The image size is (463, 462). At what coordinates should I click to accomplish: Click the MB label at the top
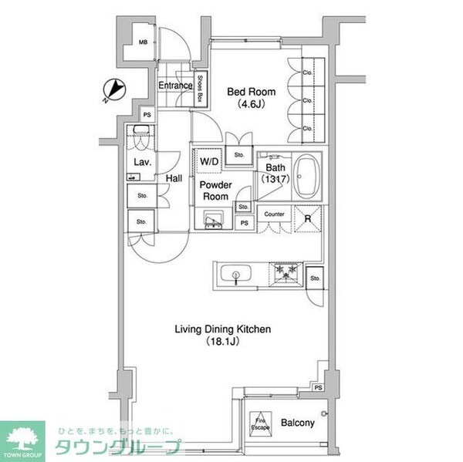[x=143, y=43]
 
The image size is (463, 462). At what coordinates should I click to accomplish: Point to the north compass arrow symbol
[x=113, y=90]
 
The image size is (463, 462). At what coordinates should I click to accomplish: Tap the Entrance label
[x=175, y=86]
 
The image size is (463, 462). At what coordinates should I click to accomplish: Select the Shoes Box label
[x=200, y=89]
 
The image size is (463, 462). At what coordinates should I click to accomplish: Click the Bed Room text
[x=247, y=92]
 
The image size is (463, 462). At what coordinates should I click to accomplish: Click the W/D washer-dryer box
[x=209, y=162]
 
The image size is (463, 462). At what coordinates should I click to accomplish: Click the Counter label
[x=274, y=214]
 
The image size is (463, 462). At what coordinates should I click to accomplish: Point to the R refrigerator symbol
[x=307, y=219]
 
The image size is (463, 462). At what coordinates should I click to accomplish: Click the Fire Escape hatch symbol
[x=260, y=423]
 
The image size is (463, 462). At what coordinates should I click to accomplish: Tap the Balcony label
[x=297, y=423]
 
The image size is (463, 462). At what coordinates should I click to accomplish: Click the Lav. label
[x=141, y=162]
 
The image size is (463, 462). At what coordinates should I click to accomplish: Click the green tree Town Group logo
[x=23, y=440]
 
